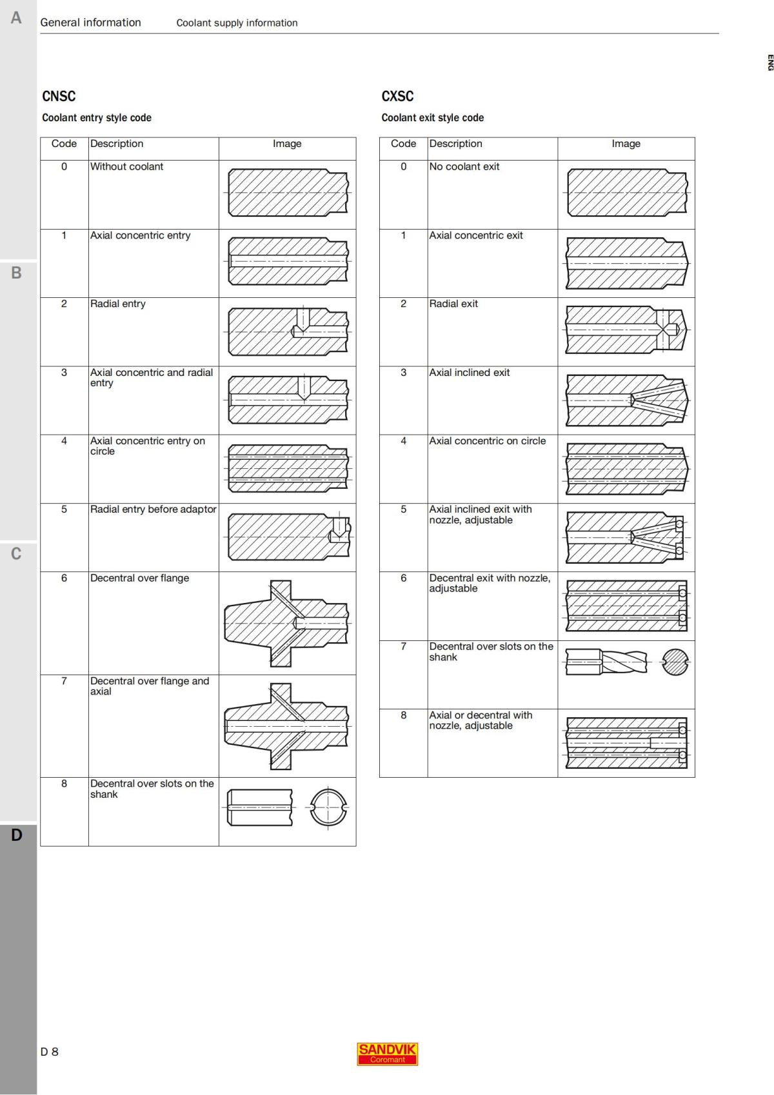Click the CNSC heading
59,97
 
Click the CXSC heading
397,97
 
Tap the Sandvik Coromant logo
387,1054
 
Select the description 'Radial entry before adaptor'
153,509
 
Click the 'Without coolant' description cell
126,166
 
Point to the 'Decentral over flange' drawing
287,623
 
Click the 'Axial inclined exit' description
469,373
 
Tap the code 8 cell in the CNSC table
64,784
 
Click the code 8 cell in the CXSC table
403,715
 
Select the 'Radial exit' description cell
453,304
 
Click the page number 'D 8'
49,1052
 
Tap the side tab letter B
16,273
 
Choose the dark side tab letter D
16,835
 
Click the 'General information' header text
90,23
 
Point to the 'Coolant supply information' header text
237,23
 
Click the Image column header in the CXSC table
626,144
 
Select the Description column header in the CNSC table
117,144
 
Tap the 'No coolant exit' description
464,166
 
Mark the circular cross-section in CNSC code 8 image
328,807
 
